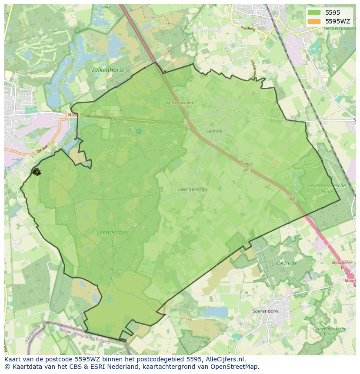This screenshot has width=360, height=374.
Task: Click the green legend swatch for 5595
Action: [x=313, y=13]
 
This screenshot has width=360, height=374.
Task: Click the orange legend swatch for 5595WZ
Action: [x=313, y=21]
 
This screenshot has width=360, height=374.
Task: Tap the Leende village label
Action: [x=214, y=131]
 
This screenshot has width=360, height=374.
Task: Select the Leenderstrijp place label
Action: [x=193, y=189]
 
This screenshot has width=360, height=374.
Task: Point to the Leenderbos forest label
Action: [x=113, y=232]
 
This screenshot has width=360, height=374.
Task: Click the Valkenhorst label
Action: [x=107, y=70]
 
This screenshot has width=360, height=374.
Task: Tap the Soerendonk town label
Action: [x=265, y=311]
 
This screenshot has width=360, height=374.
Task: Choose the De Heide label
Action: [x=287, y=263]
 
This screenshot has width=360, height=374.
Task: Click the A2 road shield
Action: [x=292, y=199]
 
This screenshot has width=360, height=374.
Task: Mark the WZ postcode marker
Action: [x=36, y=172]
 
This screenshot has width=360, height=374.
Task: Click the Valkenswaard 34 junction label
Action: [x=180, y=105]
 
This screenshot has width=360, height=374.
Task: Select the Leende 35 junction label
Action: [x=246, y=166]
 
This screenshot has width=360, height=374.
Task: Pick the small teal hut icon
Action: [x=139, y=131]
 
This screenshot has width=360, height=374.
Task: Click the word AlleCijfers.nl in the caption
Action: [x=224, y=359]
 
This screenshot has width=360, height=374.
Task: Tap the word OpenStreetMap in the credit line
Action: [x=236, y=367]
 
